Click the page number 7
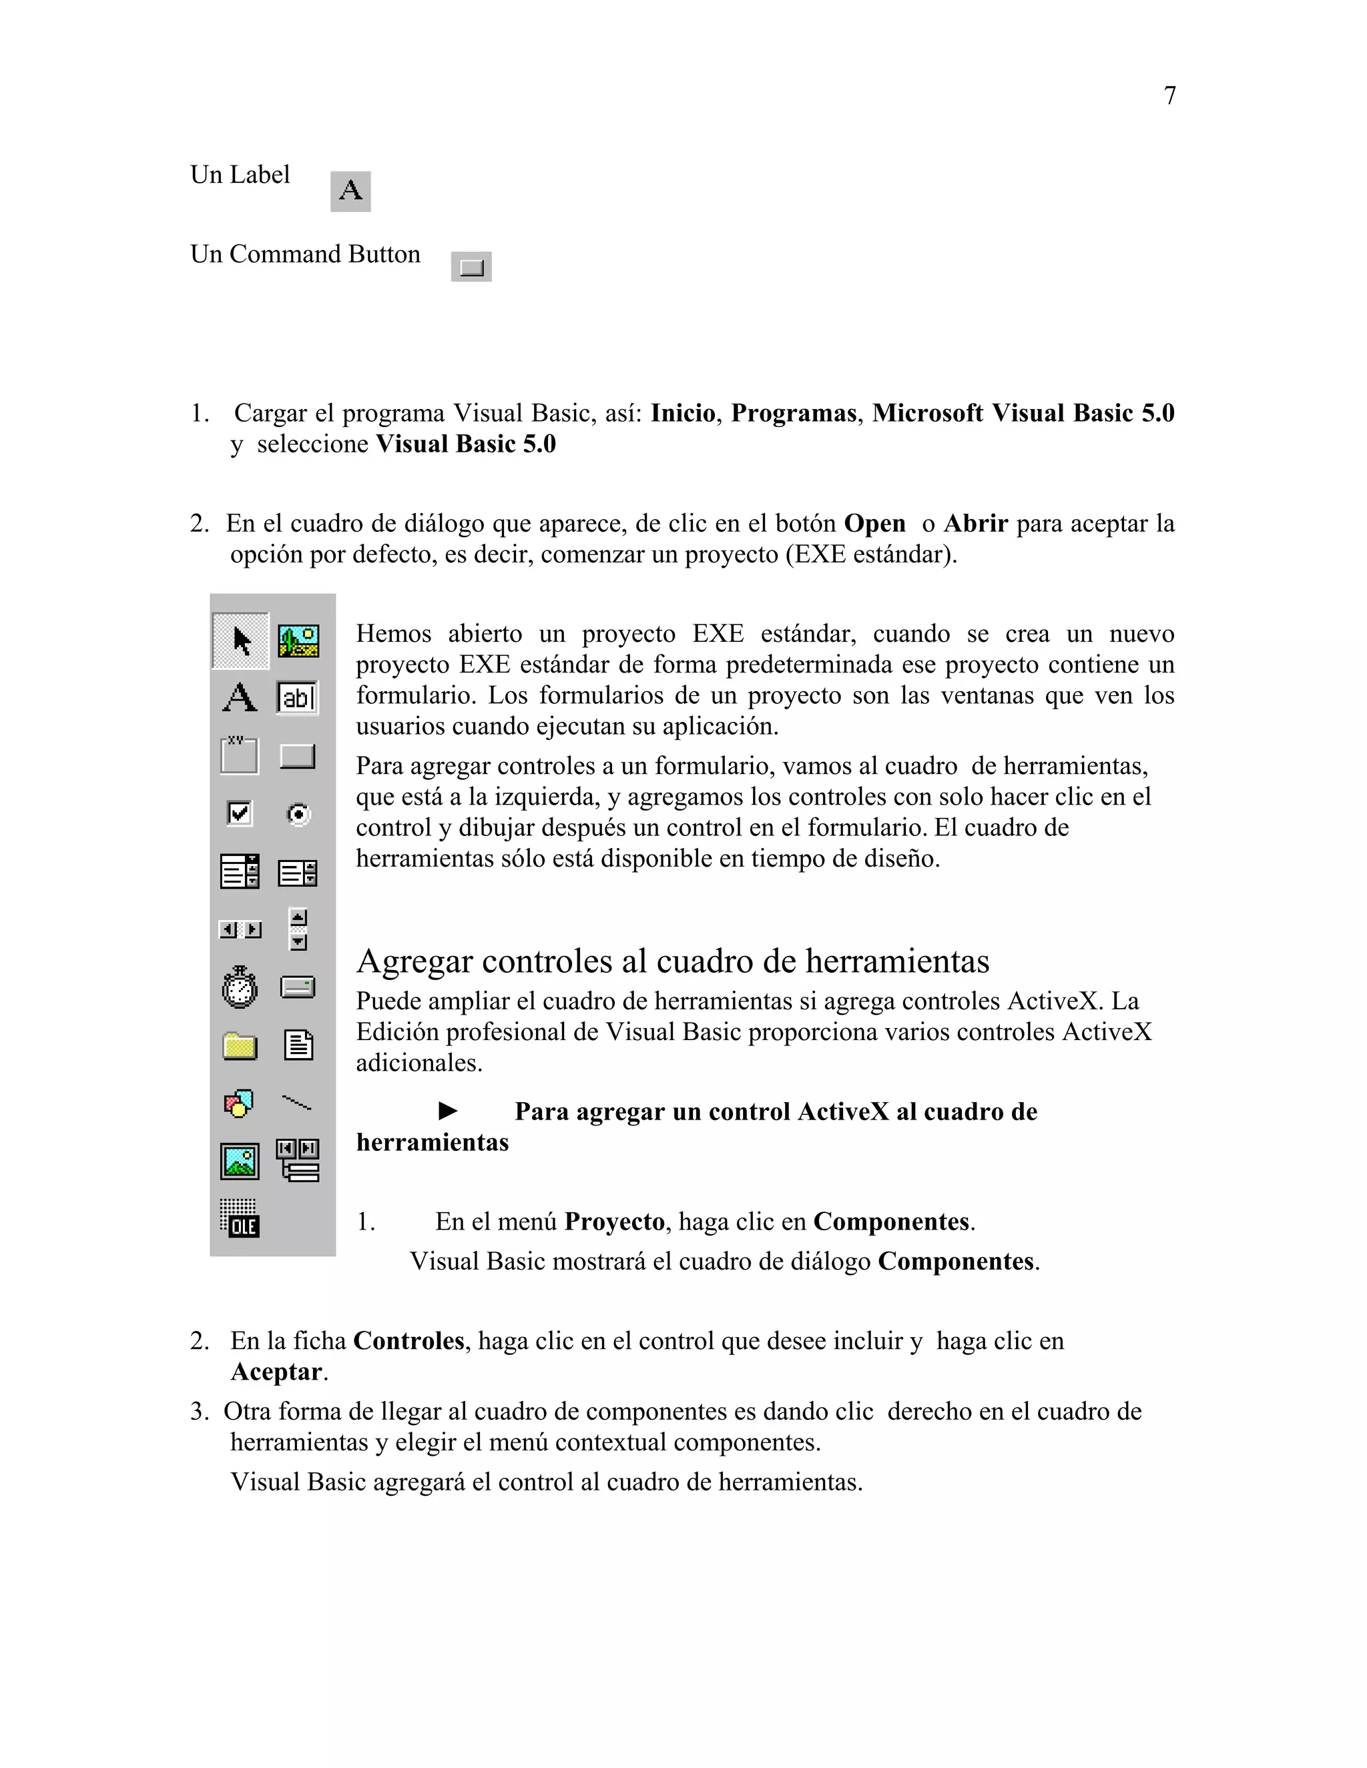(1169, 95)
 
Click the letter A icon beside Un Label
(350, 191)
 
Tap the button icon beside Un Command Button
(471, 266)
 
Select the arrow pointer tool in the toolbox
(240, 641)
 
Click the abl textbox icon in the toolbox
(297, 698)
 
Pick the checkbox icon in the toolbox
(240, 813)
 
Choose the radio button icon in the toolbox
(298, 813)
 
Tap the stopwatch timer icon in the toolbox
(240, 987)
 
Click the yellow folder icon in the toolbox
(240, 1046)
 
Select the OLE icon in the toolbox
(240, 1218)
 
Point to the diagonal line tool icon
(296, 1103)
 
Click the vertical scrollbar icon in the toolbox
(298, 929)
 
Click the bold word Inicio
(683, 414)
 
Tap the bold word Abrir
(975, 524)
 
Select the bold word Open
(874, 524)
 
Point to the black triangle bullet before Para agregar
(448, 1111)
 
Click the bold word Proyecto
(614, 1222)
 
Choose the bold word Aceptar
(276, 1372)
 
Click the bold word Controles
(408, 1342)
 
